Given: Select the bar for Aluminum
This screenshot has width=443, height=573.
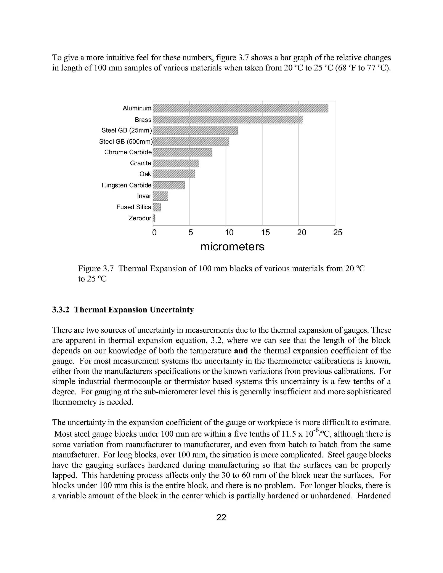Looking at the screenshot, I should [240, 108].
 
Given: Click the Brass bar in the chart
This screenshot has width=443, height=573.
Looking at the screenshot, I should [228, 120].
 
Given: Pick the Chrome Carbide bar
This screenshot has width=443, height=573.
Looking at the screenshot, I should [182, 152].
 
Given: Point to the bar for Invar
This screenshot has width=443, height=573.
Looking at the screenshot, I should [160, 196].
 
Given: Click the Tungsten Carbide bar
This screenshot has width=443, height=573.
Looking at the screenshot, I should [169, 185].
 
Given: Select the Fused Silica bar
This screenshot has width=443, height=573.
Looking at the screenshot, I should [157, 207].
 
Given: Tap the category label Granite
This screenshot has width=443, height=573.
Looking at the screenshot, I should [140, 163].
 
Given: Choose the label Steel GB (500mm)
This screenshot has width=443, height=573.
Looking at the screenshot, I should [126, 142].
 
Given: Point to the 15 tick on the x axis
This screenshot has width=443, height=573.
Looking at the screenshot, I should [265, 232].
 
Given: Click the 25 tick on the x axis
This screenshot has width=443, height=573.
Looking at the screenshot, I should [337, 232].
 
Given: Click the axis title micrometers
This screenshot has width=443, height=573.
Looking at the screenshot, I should [232, 247].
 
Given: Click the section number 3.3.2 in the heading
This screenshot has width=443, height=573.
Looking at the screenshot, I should [61, 310].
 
